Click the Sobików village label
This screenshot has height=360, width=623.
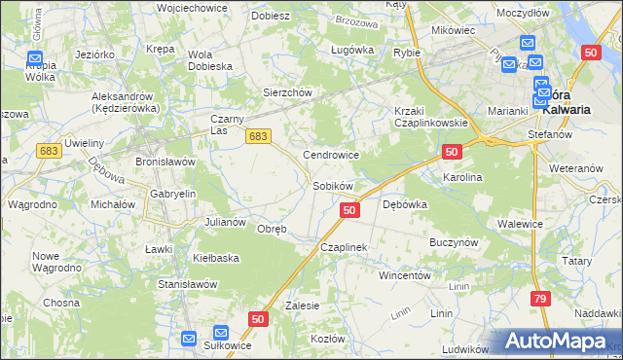332,185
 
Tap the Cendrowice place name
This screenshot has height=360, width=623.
332,155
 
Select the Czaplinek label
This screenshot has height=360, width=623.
344,248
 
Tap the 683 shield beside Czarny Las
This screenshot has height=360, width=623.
257,138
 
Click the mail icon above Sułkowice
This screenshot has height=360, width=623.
220,332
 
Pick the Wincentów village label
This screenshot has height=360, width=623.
404,275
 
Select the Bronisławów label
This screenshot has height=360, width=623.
165,161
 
